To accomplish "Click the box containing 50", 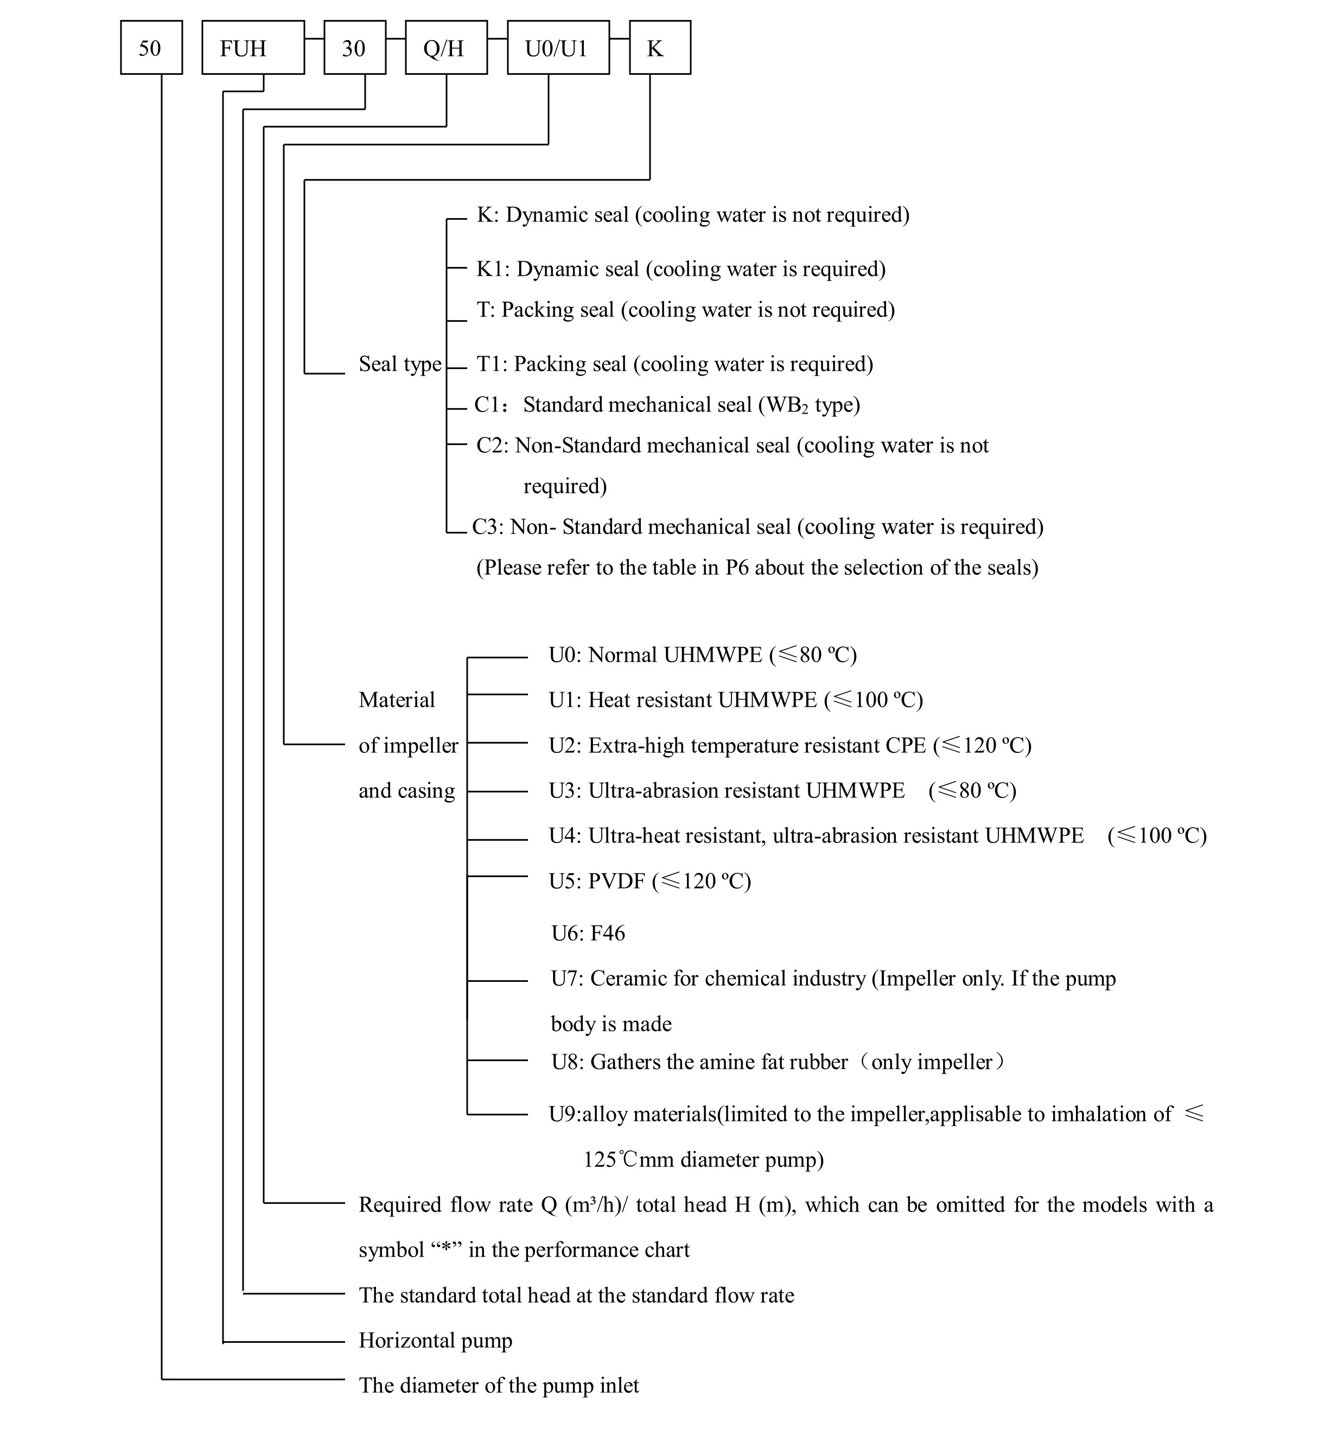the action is tap(151, 48).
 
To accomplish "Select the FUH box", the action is tap(253, 48).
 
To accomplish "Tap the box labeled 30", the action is tap(355, 48).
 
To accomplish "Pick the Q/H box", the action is tap(446, 48).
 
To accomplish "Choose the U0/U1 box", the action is tap(558, 48).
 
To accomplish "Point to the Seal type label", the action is tap(400, 365).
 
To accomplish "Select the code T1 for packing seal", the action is tap(492, 364).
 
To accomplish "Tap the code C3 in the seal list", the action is tap(487, 527).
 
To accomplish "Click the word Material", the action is tap(397, 700).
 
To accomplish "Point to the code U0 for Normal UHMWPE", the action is tap(564, 655).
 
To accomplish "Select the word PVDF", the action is tap(617, 881).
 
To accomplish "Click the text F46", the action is tap(608, 934).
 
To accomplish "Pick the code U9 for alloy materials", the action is tap(564, 1114).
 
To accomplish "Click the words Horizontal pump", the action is tap(435, 1341).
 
